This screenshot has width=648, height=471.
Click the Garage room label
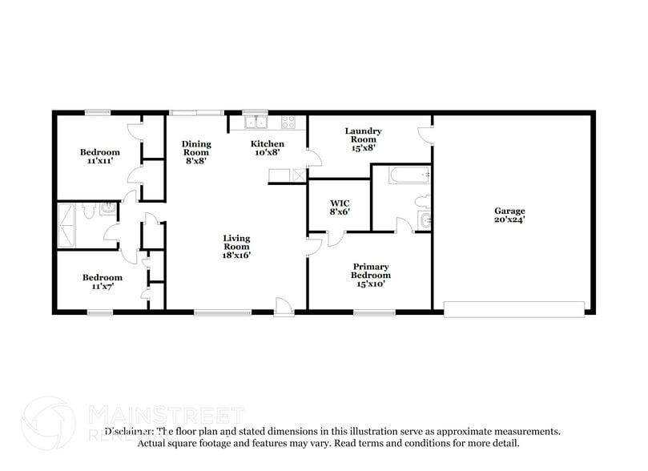coord(509,211)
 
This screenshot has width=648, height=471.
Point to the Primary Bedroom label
coord(370,271)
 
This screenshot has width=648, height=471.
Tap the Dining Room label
coord(196,148)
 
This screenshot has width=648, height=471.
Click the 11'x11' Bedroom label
coord(100,156)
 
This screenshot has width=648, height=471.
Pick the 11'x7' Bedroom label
coord(100,282)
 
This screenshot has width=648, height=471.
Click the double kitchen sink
coord(256,123)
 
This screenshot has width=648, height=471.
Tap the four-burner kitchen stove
coord(288,123)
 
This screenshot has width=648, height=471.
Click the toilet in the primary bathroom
coord(424,199)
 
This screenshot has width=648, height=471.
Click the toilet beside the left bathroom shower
coord(91,210)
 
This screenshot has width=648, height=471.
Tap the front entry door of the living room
coord(284,305)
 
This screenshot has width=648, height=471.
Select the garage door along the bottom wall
coord(514,308)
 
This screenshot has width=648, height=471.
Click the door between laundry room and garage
coord(427,133)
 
